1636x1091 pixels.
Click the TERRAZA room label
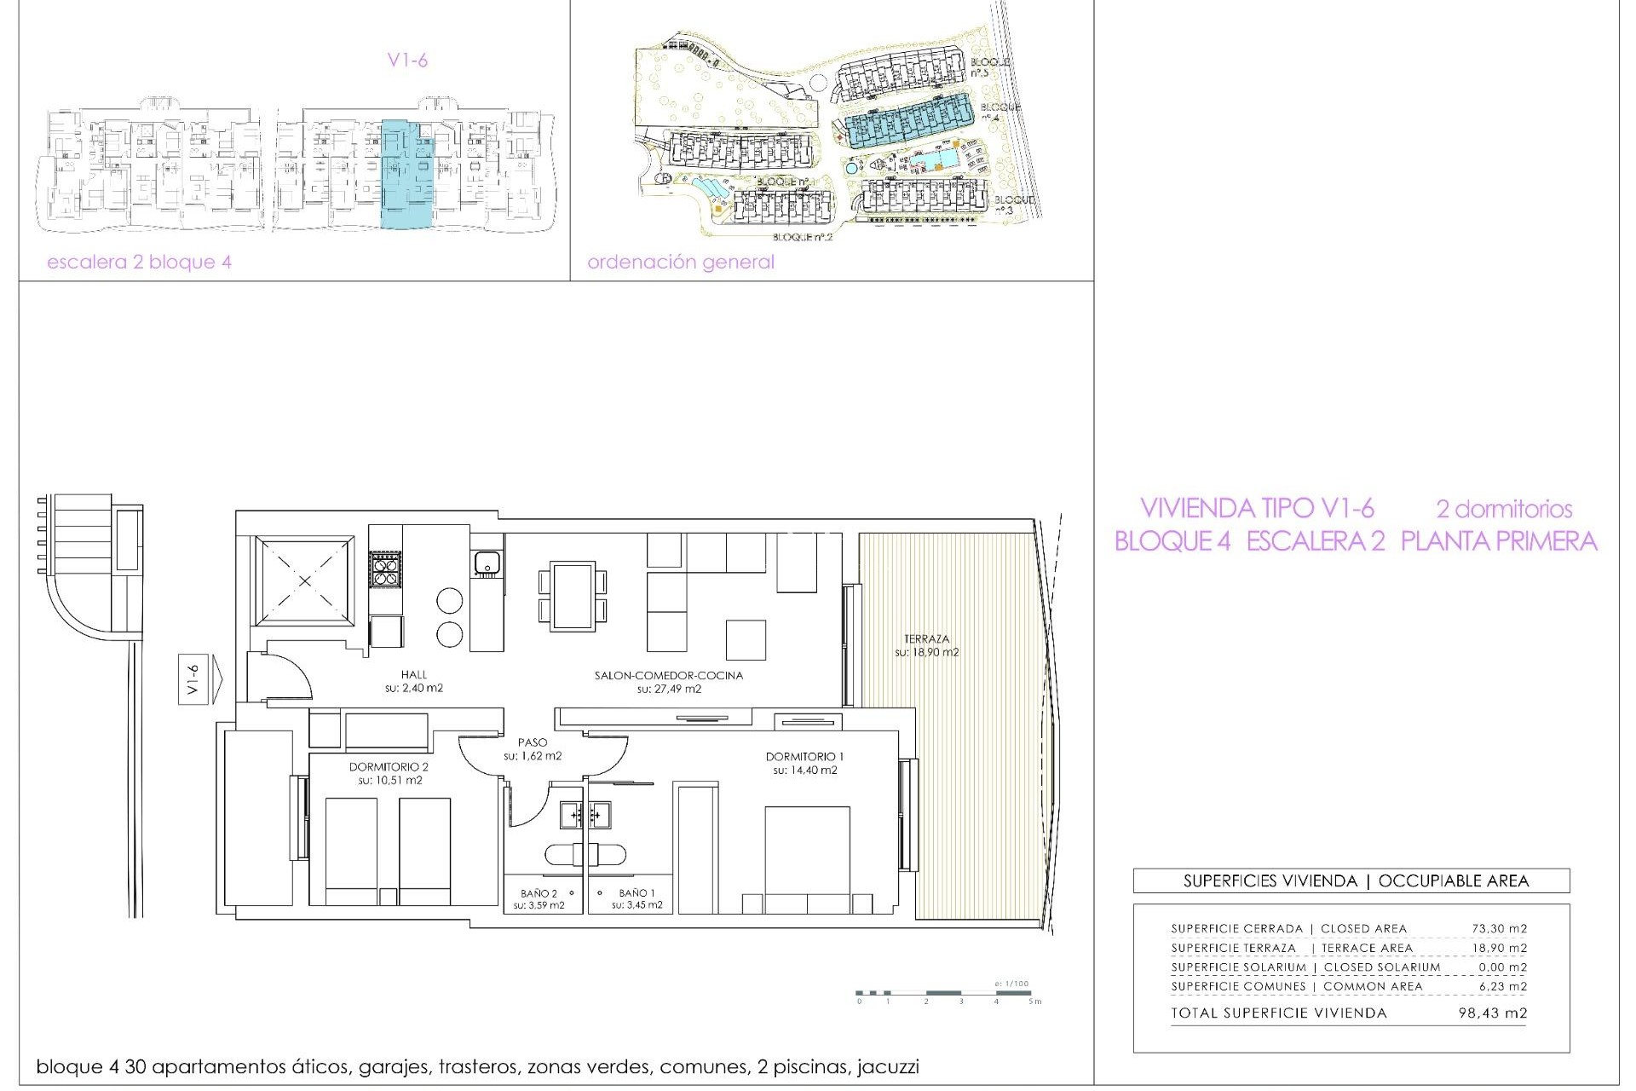tap(926, 639)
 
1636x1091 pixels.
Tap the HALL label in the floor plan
tap(414, 675)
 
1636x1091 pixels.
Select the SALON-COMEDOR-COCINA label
tap(669, 676)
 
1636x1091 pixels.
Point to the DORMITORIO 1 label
tap(804, 757)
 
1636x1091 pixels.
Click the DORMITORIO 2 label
tap(389, 767)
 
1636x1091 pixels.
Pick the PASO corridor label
tap(533, 743)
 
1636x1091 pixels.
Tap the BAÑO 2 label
tap(539, 893)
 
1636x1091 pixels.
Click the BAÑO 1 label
tap(637, 893)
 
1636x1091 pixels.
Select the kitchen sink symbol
tap(487, 563)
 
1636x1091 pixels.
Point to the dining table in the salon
tap(573, 596)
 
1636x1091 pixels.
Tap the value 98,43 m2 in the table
tap(1492, 1013)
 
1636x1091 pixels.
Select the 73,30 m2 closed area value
tap(1499, 929)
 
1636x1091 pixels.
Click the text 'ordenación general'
tap(681, 263)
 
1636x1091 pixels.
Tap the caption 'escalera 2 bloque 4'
tap(139, 263)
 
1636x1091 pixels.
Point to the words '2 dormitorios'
tap(1504, 510)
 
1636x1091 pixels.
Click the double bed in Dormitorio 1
tap(807, 857)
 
